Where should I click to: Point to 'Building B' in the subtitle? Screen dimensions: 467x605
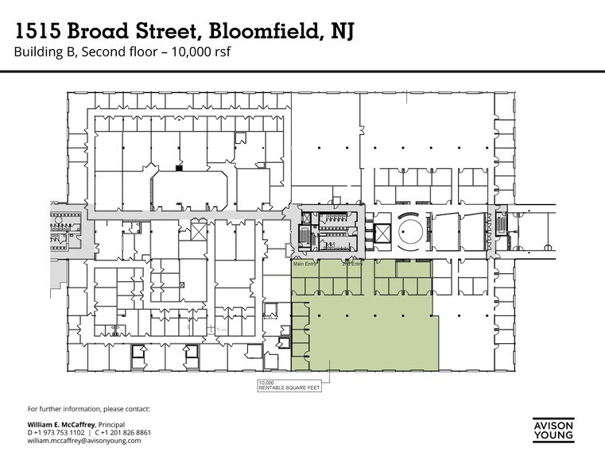[41, 53]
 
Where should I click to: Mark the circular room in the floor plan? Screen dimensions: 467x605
[412, 233]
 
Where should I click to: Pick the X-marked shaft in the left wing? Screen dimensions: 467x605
[197, 233]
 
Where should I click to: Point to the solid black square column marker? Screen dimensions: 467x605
[179, 168]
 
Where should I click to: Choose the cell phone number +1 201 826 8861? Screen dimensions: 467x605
[125, 434]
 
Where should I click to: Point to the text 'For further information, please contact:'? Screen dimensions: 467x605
[88, 408]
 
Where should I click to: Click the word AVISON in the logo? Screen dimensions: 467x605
[553, 426]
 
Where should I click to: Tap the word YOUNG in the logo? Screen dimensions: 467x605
[553, 436]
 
